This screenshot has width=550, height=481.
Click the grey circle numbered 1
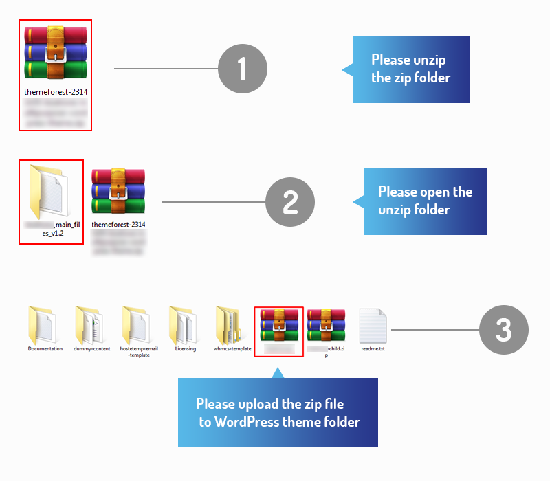pos(242,69)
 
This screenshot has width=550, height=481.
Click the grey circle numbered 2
pos(289,202)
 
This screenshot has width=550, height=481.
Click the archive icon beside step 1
pos(56,54)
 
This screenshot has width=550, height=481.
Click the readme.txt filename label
pos(373,349)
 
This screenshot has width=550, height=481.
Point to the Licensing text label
pos(186,349)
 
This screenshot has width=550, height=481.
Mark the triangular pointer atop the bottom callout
pos(277,372)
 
